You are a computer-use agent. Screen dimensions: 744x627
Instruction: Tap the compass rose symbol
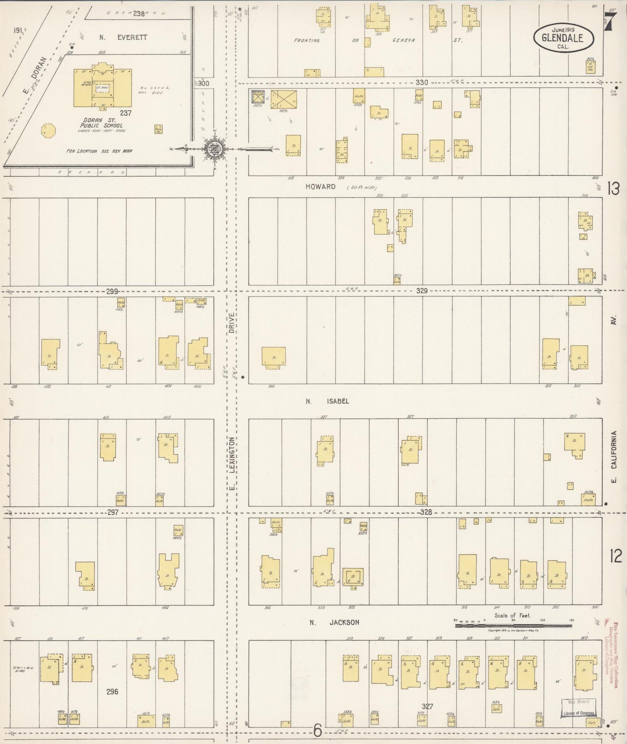point(214,149)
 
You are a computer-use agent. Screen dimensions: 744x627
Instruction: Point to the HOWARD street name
point(320,187)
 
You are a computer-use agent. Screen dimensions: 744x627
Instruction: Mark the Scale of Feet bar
point(513,625)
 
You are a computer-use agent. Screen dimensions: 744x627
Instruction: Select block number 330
point(422,82)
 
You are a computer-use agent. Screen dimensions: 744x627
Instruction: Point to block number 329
point(422,291)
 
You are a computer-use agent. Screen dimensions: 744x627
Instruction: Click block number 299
point(112,292)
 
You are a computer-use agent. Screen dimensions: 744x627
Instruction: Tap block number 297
point(113,512)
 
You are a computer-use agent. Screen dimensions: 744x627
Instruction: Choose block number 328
point(426,512)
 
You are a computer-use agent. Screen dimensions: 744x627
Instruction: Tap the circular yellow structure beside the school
point(48,130)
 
